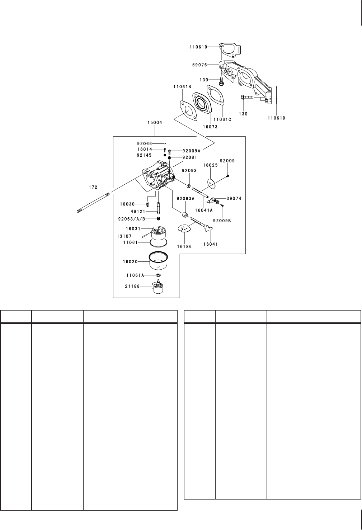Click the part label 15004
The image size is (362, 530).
coord(155,123)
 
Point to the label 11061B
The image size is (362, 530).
coord(182,87)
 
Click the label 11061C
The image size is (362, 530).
coord(222,119)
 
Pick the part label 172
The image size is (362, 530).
coord(93,187)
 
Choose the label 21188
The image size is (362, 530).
coord(132,286)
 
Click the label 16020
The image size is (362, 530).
coord(130,262)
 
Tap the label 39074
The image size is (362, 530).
coord(234,198)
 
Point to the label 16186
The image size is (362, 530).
coord(184,247)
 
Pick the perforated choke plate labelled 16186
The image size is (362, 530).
coord(184,228)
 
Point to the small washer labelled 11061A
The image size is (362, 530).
coord(158,275)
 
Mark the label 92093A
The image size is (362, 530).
coord(185,198)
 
